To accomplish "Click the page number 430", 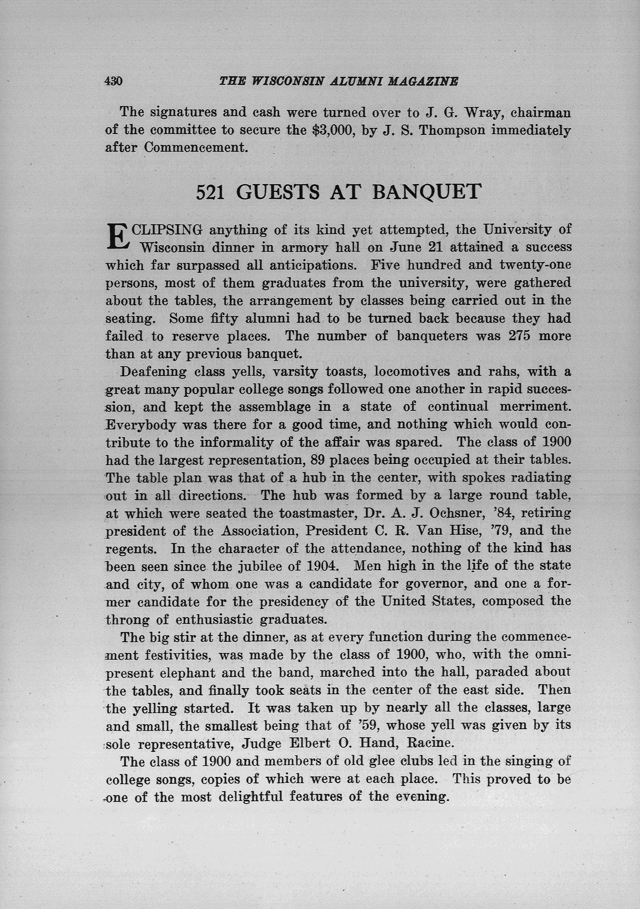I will (114, 81).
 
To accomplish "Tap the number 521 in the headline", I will (211, 192).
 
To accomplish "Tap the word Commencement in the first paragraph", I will (196, 148).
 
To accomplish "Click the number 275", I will (519, 336).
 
